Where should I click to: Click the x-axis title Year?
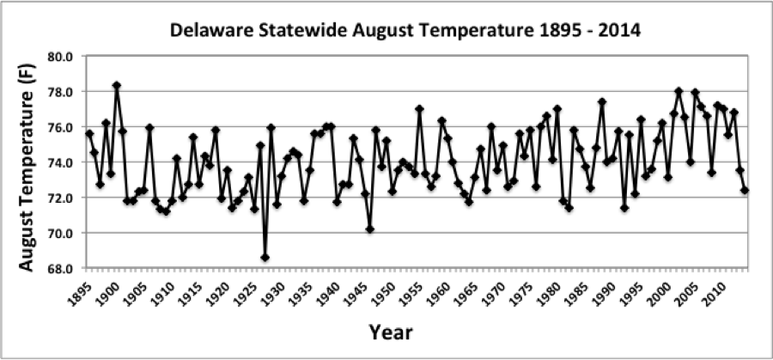391,333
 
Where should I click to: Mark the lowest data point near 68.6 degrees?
265,258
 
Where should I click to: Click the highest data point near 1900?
117,85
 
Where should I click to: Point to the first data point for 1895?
89,133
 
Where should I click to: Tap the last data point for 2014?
745,191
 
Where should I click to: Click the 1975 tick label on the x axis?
521,292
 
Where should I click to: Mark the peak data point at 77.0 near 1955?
419,109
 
